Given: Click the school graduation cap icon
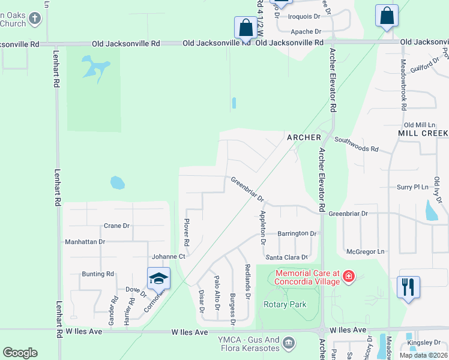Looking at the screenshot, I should pyautogui.click(x=159, y=278).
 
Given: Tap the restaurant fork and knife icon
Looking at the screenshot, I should pyautogui.click(x=408, y=286).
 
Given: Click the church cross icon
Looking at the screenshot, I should pyautogui.click(x=35, y=18).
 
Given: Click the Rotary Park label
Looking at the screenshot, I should pyautogui.click(x=285, y=304).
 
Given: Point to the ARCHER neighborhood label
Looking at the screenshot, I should pyautogui.click(x=304, y=137).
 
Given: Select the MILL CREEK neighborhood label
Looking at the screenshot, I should pyautogui.click(x=423, y=133).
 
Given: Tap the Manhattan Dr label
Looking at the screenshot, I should pyautogui.click(x=85, y=242).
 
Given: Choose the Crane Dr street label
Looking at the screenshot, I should pyautogui.click(x=116, y=226).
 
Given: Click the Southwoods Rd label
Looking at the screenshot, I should pyautogui.click(x=357, y=144).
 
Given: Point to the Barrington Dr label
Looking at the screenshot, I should pyautogui.click(x=297, y=233).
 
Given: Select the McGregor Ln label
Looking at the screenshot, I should pyautogui.click(x=364, y=251).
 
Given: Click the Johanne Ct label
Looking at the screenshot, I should pyautogui.click(x=168, y=256).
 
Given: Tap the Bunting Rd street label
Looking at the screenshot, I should pyautogui.click(x=98, y=274).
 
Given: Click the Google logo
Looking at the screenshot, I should pyautogui.click(x=20, y=353).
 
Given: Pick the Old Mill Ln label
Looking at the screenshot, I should pyautogui.click(x=418, y=124).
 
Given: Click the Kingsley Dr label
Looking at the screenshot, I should pyautogui.click(x=424, y=343).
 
